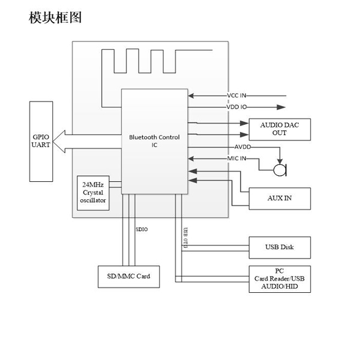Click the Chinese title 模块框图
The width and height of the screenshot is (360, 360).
pyautogui.click(x=55, y=18)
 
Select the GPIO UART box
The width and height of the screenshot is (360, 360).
pyautogui.click(x=40, y=141)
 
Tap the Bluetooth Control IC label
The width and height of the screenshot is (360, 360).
pyautogui.click(x=154, y=141)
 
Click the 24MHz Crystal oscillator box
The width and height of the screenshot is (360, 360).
pyautogui.click(x=94, y=192)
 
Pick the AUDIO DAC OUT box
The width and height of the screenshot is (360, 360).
pyautogui.click(x=279, y=128)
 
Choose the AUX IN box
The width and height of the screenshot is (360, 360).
pyautogui.click(x=279, y=198)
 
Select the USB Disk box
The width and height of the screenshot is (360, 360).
pyautogui.click(x=279, y=247)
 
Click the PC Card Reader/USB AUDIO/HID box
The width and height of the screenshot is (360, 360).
pyautogui.click(x=279, y=279)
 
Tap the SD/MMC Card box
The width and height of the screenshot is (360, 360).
pyautogui.click(x=129, y=277)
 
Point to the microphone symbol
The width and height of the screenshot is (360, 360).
pyautogui.click(x=279, y=170)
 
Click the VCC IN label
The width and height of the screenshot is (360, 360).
pyautogui.click(x=236, y=96)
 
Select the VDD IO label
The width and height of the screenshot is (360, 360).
pyautogui.click(x=236, y=107)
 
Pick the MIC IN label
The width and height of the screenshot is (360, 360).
pyautogui.click(x=236, y=158)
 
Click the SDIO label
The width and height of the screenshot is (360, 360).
pyautogui.click(x=142, y=229)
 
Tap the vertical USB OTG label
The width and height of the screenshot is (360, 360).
pyautogui.click(x=185, y=238)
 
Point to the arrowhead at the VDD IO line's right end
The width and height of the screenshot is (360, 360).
pyautogui.click(x=281, y=107)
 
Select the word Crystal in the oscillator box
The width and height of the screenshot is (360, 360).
pyautogui.click(x=94, y=193)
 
